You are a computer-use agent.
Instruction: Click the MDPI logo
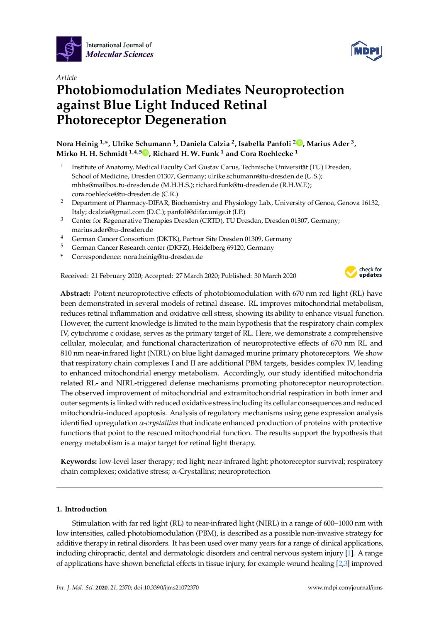366,51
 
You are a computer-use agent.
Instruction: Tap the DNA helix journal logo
69,49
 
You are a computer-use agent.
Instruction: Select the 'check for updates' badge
363,272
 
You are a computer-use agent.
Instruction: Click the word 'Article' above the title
66,78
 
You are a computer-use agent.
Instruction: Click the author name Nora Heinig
77,144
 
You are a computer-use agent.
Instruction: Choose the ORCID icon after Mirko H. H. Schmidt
146,153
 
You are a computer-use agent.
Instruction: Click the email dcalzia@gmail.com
116,212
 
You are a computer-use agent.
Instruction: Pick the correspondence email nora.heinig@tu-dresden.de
163,257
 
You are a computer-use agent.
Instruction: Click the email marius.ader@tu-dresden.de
112,230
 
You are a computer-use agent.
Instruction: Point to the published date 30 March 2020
275,276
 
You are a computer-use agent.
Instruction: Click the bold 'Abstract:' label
75,294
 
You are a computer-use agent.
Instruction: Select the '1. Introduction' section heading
81,509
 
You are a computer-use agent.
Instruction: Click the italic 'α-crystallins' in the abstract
159,423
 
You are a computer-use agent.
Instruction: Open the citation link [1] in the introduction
349,553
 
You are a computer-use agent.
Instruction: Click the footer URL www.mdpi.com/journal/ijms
345,588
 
